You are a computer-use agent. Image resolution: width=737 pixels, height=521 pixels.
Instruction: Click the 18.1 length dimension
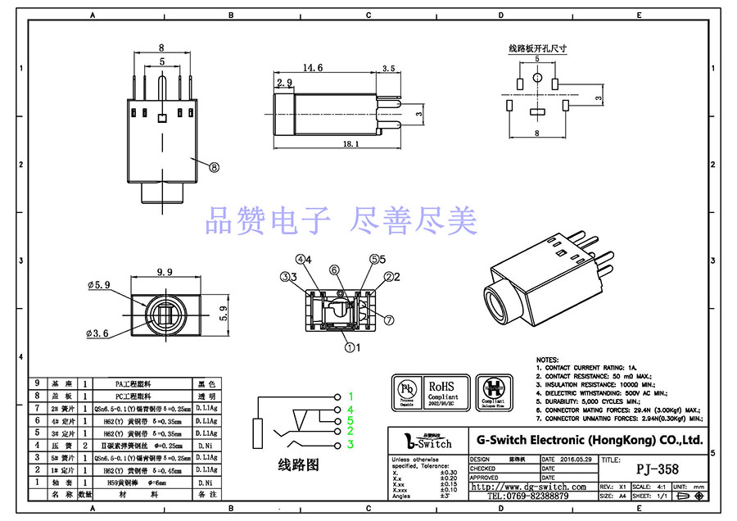point(350,144)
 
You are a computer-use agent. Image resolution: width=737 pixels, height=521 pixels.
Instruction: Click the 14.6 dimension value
point(313,68)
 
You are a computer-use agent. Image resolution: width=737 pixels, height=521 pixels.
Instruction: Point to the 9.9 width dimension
point(165,272)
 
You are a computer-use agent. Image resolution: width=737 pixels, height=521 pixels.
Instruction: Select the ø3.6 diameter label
point(98,334)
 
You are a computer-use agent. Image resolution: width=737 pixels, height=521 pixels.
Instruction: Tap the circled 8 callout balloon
point(215,166)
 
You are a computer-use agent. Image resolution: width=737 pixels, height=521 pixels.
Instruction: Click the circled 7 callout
point(389,319)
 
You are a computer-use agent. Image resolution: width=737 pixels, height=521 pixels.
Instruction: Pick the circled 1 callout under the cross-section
point(350,347)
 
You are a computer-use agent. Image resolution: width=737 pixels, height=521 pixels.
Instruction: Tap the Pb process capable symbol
point(406,392)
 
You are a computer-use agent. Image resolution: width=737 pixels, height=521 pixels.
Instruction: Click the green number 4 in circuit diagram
point(350,409)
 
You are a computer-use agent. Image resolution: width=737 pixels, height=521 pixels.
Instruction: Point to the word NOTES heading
point(548,360)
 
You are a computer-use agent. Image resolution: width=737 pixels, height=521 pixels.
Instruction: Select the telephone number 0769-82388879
point(528,496)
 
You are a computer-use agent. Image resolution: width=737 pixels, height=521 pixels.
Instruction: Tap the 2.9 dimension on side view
point(284,84)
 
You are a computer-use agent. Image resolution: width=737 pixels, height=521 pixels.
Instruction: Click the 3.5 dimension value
point(388,69)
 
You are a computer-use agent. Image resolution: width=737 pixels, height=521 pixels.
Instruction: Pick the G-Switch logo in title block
point(429,441)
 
